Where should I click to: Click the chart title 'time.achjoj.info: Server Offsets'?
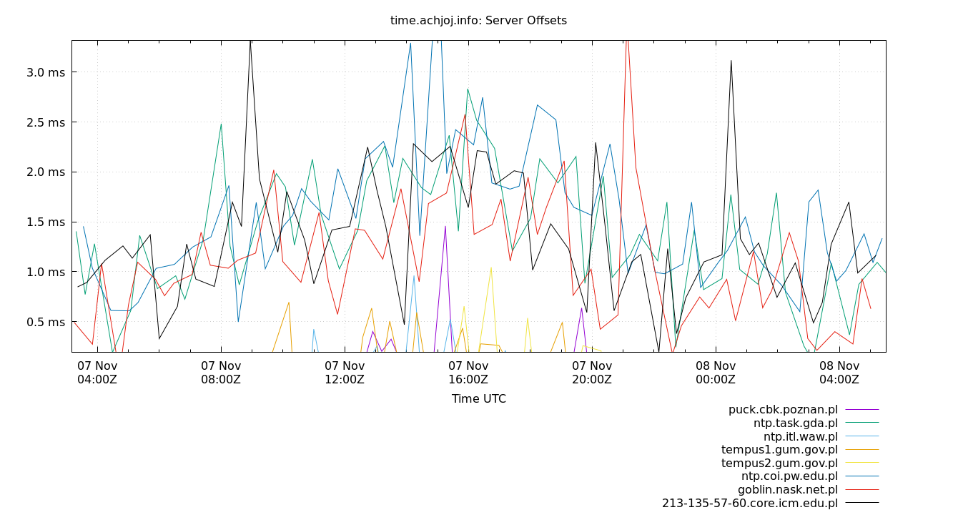(x=478, y=21)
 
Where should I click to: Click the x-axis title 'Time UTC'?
(x=478, y=399)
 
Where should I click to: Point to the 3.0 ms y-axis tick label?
(x=46, y=72)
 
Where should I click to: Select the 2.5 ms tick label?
(x=46, y=122)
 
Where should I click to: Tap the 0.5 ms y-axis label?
(x=46, y=322)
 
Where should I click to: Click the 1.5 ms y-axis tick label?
(x=46, y=222)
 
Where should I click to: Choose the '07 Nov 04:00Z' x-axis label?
(x=97, y=373)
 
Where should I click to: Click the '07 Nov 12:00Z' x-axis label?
(x=345, y=373)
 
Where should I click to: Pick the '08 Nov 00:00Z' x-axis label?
(x=715, y=373)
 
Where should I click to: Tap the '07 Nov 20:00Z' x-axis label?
(x=591, y=373)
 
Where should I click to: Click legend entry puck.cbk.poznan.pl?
(x=783, y=410)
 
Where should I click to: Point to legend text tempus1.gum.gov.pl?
(x=779, y=450)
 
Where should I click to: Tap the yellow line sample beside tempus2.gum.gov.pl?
(x=861, y=463)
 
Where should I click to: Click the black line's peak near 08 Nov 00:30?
(x=731, y=61)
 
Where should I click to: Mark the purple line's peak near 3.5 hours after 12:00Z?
(x=445, y=227)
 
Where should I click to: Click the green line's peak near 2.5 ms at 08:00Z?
(x=221, y=124)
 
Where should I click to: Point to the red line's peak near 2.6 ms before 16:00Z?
(x=465, y=114)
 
